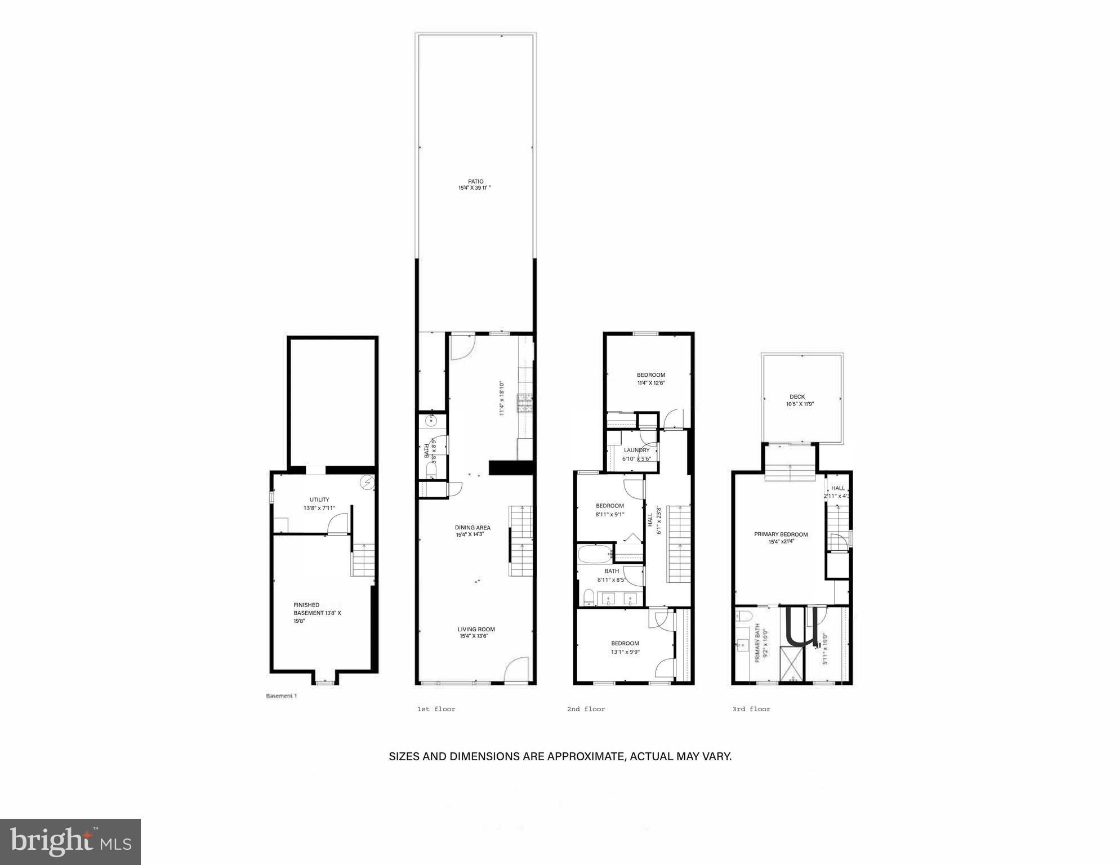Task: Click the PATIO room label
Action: click(x=475, y=181)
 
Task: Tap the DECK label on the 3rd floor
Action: click(x=797, y=396)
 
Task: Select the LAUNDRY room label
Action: click(x=636, y=450)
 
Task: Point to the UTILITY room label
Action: click(x=319, y=500)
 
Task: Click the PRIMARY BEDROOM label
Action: click(x=781, y=534)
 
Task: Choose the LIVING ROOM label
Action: click(x=476, y=629)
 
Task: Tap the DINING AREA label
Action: click(x=472, y=528)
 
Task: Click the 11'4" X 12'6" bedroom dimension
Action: click(x=651, y=383)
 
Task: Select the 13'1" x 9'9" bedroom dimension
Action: click(x=625, y=652)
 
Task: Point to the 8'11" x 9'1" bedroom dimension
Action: click(x=609, y=514)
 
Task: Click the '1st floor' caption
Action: click(x=436, y=709)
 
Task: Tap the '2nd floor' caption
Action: click(x=586, y=709)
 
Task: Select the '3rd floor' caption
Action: click(x=751, y=709)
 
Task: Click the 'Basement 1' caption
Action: click(x=281, y=696)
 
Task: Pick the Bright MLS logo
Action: click(x=70, y=841)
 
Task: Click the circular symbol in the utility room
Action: click(x=368, y=482)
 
